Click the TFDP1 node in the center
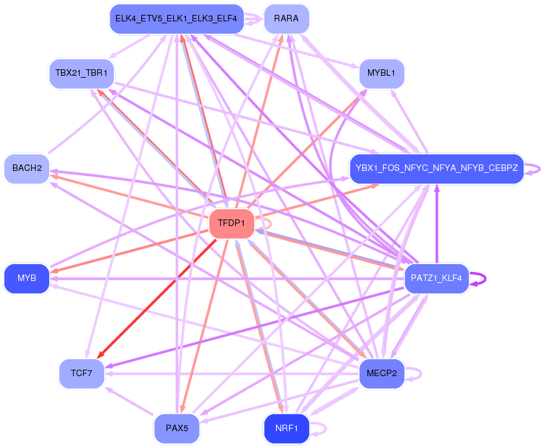pos(231,223)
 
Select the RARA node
pos(286,19)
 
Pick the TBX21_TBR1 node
pos(81,73)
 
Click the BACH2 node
pos(27,168)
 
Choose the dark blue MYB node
pos(27,278)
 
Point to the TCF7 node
pos(82,374)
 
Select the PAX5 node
pos(177,429)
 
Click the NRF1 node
pos(286,429)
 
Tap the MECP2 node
pos(382,374)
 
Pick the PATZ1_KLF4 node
pos(436,278)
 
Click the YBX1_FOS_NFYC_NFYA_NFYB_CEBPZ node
pos(436,168)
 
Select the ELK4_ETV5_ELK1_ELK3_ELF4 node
pos(176,19)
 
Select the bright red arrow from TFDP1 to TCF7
pos(156,298)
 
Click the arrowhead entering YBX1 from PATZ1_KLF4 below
pos(436,190)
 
